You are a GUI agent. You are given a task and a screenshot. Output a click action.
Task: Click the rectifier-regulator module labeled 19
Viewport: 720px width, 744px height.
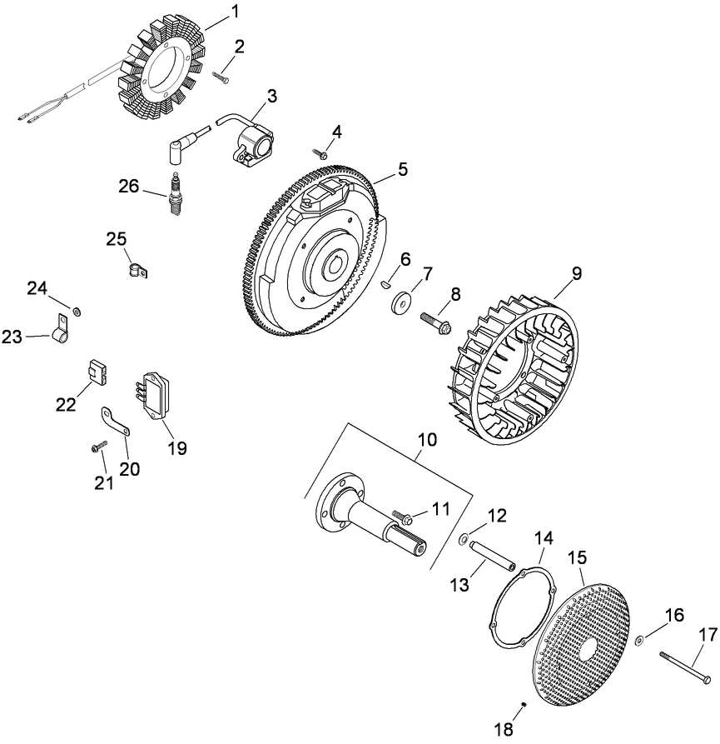pos(159,392)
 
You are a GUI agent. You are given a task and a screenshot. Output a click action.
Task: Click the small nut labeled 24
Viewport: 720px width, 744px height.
pos(77,312)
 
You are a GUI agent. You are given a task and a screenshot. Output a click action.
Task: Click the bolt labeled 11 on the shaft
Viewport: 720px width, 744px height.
pos(399,517)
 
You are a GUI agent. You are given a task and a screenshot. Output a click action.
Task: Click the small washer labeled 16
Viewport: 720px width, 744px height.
pos(638,640)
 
